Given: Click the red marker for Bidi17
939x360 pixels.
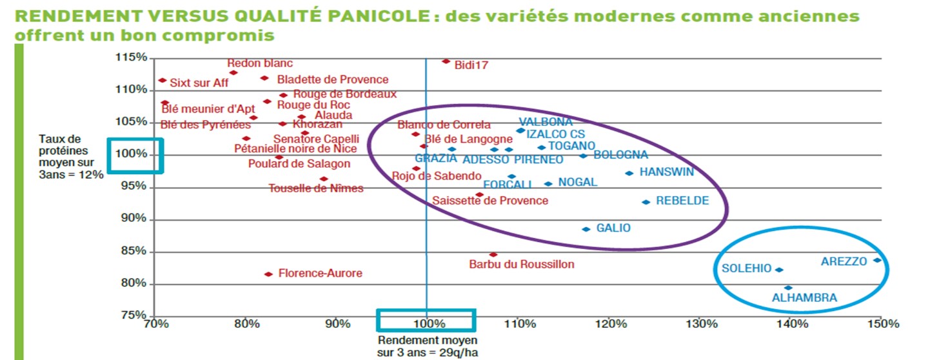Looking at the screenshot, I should [446, 61].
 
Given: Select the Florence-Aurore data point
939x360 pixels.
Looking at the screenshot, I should [268, 274].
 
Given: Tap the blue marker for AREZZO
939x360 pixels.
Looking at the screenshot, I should [877, 261].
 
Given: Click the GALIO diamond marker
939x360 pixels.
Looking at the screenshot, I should [586, 229].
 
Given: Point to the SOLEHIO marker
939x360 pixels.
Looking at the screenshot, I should [779, 270].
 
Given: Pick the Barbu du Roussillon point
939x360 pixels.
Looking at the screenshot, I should [493, 255].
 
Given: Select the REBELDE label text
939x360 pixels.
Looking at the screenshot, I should [682, 201].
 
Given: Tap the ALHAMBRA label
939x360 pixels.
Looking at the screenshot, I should [804, 298].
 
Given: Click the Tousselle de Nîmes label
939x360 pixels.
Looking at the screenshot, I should [316, 188].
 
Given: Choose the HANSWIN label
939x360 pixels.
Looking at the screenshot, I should [666, 172].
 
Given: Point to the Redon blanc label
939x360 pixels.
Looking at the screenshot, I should [260, 63].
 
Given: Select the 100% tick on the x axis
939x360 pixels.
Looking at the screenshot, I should [426, 323].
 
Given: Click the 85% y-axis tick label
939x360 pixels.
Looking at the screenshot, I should [135, 251].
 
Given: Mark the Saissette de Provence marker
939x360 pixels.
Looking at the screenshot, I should [479, 194].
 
